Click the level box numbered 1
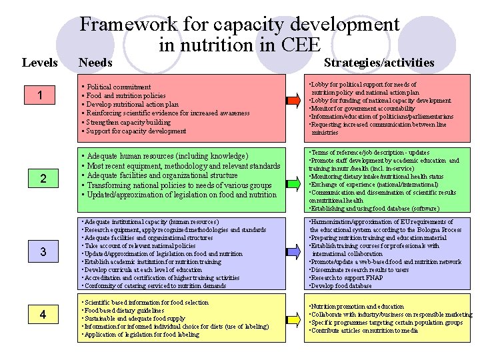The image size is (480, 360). coord(42,97)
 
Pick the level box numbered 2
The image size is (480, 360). coord(42,178)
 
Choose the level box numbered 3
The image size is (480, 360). coord(42,252)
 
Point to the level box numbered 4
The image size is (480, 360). coord(42,315)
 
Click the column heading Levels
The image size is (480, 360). coord(39,63)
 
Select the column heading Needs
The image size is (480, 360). coord(95,63)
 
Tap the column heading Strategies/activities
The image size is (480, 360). coord(379,63)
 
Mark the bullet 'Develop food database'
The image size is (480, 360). coord(341,286)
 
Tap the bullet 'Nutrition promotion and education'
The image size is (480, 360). coord(357,307)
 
